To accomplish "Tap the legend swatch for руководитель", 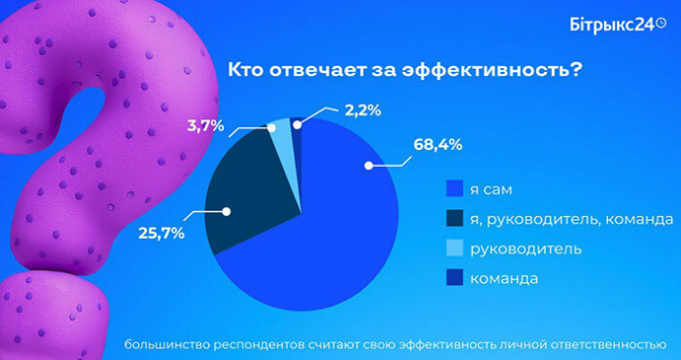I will coord(455,248).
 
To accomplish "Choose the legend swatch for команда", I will coord(455,278).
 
